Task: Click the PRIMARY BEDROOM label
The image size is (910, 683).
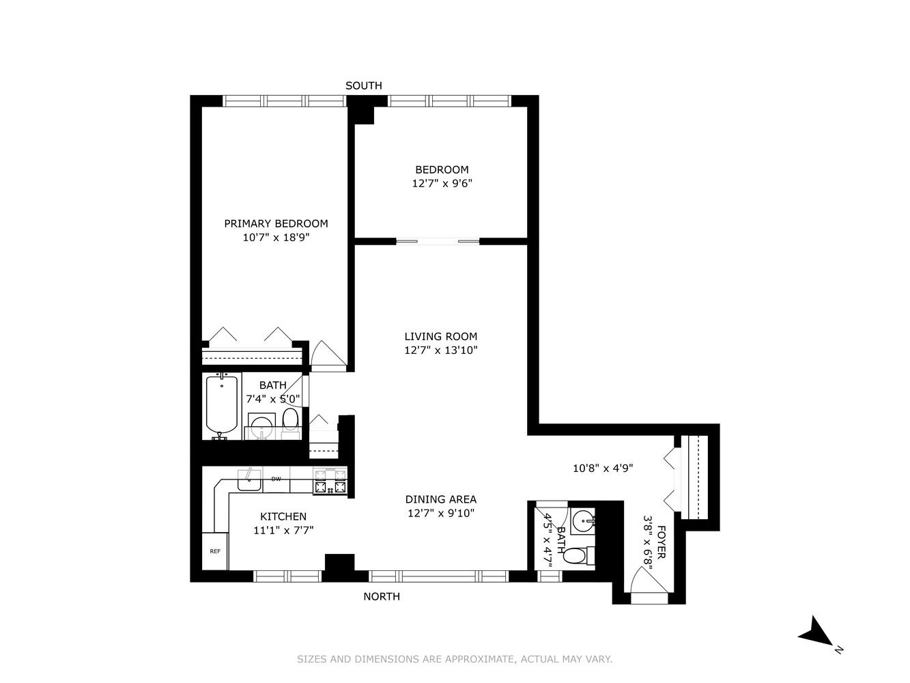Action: click(276, 223)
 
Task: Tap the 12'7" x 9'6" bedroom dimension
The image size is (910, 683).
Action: click(442, 184)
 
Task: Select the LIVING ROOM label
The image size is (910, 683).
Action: click(440, 336)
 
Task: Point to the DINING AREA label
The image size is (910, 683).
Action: click(440, 499)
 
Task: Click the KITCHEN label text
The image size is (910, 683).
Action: click(283, 516)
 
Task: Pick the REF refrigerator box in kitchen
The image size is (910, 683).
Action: click(215, 551)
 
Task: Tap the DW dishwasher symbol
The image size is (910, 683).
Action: click(276, 479)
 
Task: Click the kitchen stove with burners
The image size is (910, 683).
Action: click(330, 481)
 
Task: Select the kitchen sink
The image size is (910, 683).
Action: click(249, 480)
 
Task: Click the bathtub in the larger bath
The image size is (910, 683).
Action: click(222, 406)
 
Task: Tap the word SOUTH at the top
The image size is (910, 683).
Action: click(364, 85)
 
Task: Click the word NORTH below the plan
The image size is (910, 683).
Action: click(382, 596)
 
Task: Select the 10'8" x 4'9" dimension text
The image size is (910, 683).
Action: click(603, 469)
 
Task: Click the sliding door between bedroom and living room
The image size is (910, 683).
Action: click(438, 240)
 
